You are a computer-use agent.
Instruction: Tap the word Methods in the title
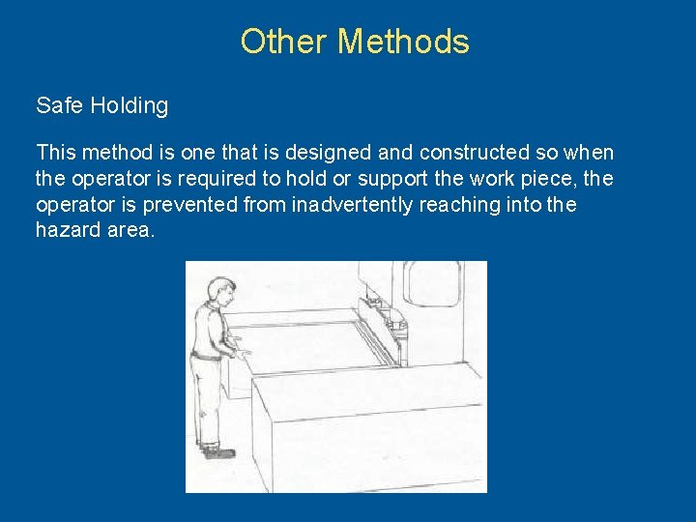pyautogui.click(x=404, y=42)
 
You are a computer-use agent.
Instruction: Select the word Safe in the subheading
pyautogui.click(x=59, y=105)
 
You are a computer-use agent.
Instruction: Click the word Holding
pyautogui.click(x=129, y=106)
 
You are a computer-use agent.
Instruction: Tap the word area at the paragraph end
pyautogui.click(x=131, y=232)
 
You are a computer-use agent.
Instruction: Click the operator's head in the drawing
pyautogui.click(x=221, y=290)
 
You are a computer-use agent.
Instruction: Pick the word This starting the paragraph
pyautogui.click(x=56, y=153)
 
